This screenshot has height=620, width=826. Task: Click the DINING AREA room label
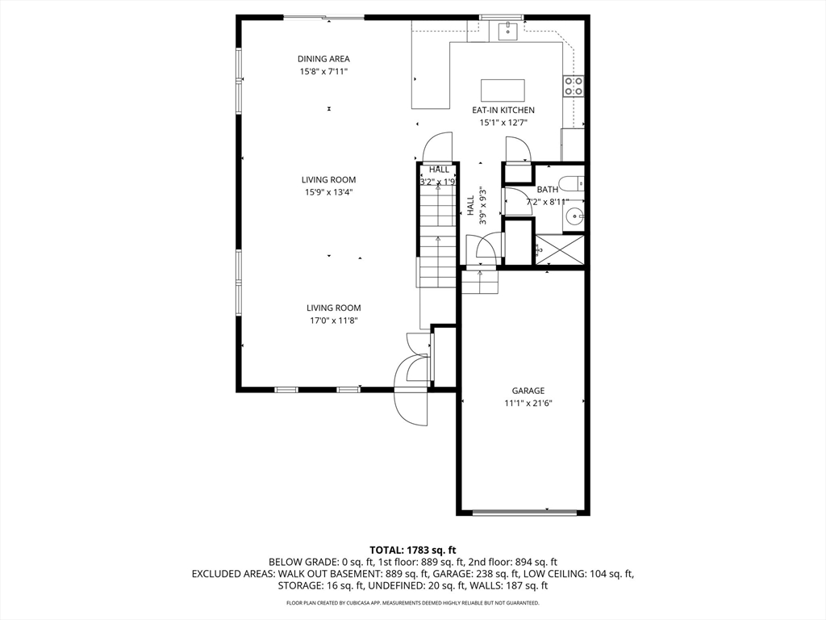[323, 59]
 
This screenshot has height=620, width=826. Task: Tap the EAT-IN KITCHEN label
[503, 110]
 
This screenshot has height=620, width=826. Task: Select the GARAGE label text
[528, 391]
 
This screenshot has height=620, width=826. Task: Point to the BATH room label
[548, 189]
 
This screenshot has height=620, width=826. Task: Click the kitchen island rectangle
[503, 90]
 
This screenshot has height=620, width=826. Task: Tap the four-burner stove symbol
[574, 86]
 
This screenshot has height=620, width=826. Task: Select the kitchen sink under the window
[508, 31]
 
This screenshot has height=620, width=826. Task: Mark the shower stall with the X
[560, 250]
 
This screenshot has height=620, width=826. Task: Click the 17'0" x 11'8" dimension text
[333, 320]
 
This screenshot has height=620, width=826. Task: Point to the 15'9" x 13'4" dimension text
[329, 192]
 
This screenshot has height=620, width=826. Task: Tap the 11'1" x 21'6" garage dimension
[528, 404]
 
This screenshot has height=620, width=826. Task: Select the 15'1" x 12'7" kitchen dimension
[503, 123]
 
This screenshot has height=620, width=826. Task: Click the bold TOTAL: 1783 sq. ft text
[412, 551]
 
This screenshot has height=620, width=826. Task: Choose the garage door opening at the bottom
[524, 511]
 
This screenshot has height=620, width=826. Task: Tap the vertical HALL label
[470, 205]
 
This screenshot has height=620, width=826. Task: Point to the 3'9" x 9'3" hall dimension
[482, 205]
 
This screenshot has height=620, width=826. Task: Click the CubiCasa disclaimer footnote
[412, 602]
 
